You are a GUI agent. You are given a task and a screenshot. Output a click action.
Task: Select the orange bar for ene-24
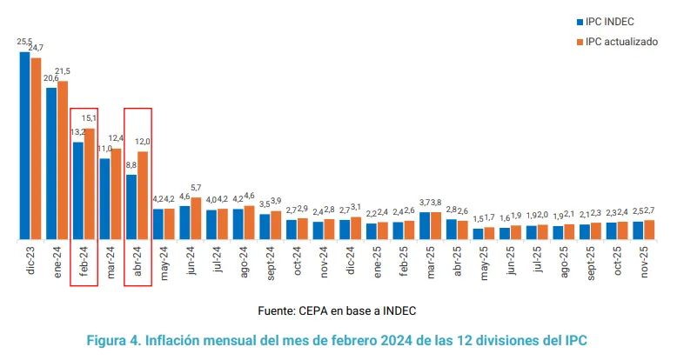(63, 160)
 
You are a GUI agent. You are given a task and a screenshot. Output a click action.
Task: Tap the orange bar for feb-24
(89, 183)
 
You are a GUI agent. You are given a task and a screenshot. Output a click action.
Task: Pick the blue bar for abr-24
(131, 206)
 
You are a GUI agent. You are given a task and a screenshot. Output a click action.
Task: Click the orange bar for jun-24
(196, 218)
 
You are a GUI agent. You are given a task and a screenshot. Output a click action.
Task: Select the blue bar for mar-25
(425, 225)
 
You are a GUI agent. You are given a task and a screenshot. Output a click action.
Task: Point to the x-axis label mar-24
(111, 262)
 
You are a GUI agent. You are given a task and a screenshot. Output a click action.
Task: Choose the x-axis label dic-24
(350, 262)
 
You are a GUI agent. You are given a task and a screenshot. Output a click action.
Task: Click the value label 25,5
(24, 41)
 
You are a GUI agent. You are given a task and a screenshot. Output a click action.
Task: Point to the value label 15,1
(90, 118)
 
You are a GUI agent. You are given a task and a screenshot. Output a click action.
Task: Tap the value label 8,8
(131, 164)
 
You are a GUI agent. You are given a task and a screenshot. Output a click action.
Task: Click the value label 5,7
(197, 188)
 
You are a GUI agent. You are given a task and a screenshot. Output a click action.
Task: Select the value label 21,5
(64, 71)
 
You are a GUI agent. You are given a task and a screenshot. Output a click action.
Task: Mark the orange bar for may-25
(489, 232)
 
